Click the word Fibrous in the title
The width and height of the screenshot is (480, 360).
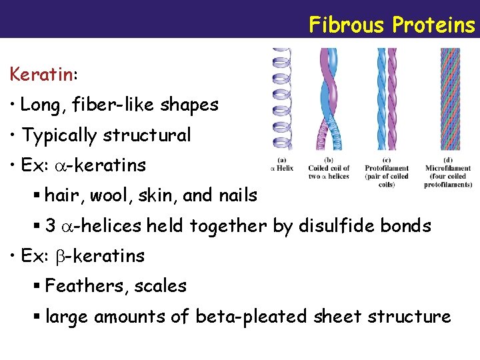click(x=346, y=25)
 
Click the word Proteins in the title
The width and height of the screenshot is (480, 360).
click(x=433, y=25)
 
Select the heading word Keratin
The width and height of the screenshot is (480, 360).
click(x=41, y=74)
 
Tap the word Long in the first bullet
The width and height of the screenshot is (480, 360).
click(x=38, y=105)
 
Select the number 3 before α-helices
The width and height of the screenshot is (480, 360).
click(x=51, y=226)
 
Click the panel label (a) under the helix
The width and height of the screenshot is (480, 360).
click(x=282, y=160)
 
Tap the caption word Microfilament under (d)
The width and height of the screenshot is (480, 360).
click(x=448, y=168)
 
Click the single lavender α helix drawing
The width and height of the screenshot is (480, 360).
click(x=281, y=100)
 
